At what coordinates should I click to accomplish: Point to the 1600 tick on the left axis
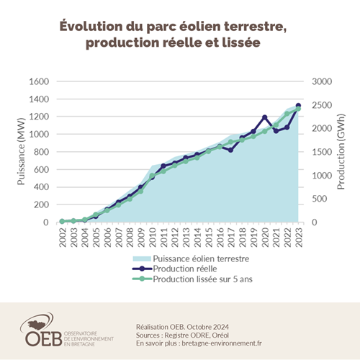pos(38,81)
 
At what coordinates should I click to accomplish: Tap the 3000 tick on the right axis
pos(323,81)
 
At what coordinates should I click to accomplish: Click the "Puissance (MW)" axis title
pos(21,151)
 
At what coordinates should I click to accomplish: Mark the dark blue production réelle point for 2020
pos(265,117)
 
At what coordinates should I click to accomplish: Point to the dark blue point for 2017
pos(231,150)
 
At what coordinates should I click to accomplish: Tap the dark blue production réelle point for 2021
pos(276,131)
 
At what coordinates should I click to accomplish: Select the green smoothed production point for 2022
pos(287,113)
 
